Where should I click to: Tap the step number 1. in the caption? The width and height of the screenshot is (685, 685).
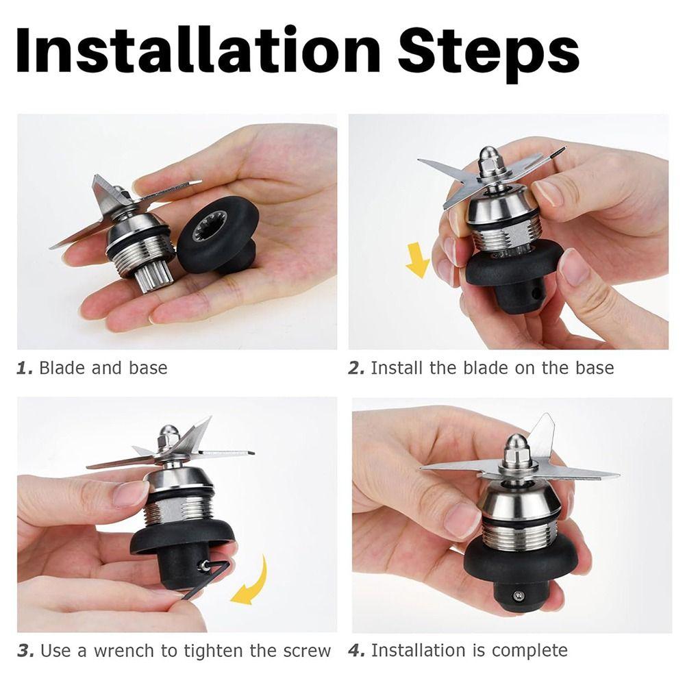(x=25, y=368)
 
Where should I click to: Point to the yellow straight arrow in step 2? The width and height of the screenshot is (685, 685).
(x=417, y=261)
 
